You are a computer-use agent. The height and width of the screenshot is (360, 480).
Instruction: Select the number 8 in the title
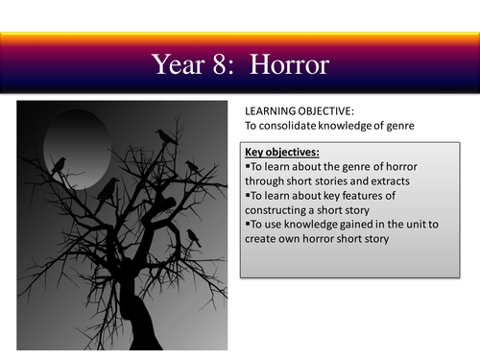point(228,64)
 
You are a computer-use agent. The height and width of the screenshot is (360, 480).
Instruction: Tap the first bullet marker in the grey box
point(248,166)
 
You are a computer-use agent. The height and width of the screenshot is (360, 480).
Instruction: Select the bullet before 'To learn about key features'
point(248,195)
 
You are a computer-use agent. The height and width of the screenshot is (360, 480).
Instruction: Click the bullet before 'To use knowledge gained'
point(248,224)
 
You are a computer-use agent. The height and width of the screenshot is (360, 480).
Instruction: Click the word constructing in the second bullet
point(278,209)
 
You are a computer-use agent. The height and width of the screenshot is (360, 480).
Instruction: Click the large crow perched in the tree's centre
point(109,187)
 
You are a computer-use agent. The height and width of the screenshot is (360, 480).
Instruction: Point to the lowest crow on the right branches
point(193,236)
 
